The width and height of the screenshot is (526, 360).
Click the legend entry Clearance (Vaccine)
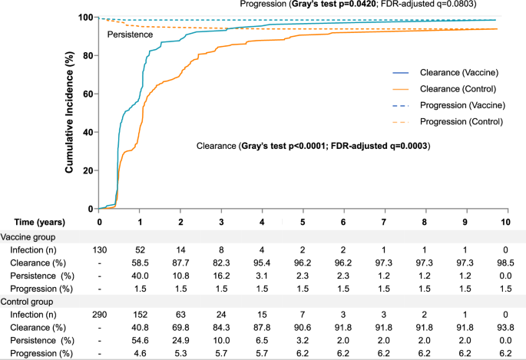[447, 74]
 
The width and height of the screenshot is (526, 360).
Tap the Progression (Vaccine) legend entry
[450, 105]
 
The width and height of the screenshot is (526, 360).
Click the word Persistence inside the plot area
[129, 35]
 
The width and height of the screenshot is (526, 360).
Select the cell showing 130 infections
[100, 250]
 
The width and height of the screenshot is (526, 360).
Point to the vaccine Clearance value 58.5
[140, 263]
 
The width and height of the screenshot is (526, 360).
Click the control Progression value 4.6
[140, 352]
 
